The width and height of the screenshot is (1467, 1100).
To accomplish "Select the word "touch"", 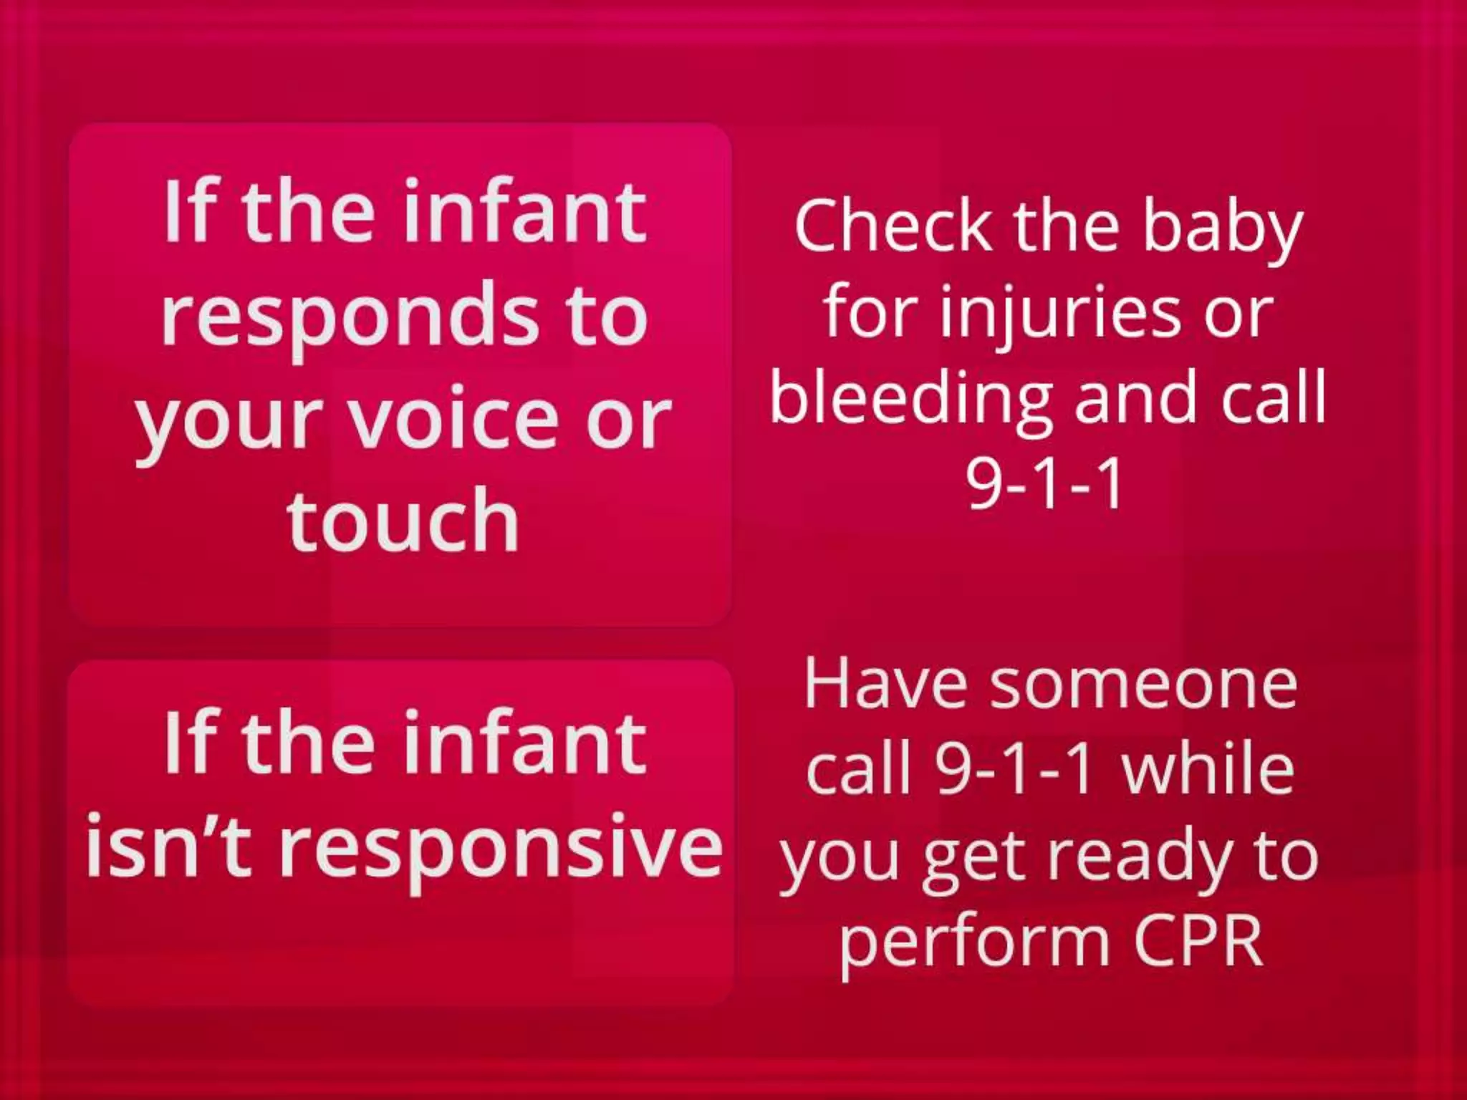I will (x=403, y=520).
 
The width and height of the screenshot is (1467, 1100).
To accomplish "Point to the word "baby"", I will (x=1221, y=228).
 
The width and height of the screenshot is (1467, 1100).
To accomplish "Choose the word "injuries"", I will (x=1059, y=315).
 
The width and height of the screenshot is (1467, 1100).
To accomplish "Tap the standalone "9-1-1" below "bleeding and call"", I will (x=1044, y=483).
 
